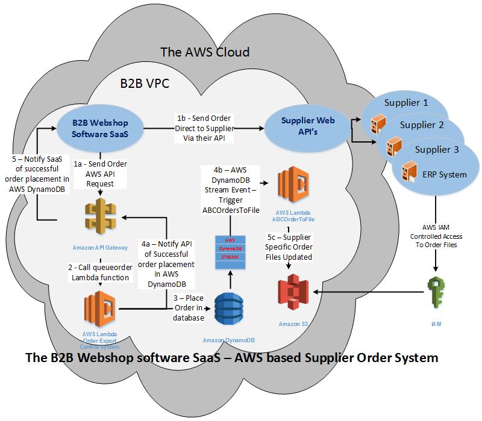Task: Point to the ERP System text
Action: tap(445, 174)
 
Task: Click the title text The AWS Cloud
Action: tap(204, 52)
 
